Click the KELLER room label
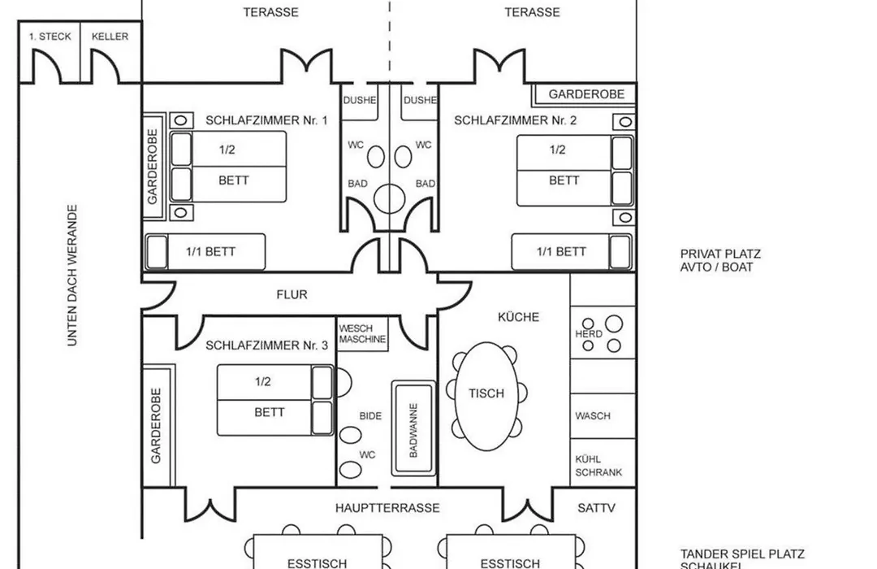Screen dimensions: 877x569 110,37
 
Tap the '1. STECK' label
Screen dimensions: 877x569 50,37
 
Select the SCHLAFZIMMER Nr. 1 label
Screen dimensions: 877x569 266,120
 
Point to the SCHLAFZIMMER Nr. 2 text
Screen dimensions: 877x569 515,120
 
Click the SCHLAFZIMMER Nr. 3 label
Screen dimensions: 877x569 267,345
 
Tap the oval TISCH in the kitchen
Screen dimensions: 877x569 486,397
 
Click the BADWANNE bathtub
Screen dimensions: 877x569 413,428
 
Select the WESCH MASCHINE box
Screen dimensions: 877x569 362,334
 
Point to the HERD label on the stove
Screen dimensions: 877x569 589,334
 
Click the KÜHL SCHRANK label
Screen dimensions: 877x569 598,466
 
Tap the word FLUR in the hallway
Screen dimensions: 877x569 292,294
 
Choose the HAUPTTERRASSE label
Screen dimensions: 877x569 387,508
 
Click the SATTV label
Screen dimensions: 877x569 596,508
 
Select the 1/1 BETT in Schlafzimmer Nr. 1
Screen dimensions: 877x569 205,252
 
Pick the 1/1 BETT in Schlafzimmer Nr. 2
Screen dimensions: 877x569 572,252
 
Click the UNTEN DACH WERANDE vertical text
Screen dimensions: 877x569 72,276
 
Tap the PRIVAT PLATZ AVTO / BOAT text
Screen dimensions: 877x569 720,260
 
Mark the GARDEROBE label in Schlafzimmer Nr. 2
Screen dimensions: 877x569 586,94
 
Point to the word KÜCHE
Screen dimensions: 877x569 518,317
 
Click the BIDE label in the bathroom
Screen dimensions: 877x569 370,416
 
